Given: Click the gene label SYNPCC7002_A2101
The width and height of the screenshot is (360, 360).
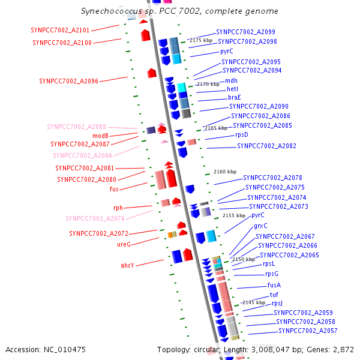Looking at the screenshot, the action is (60, 30).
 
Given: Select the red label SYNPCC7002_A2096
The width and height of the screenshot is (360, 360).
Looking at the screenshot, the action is (68, 81).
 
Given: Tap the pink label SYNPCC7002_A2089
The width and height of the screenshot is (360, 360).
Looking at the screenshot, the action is (76, 127).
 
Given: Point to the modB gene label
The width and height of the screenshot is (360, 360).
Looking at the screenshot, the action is (100, 136).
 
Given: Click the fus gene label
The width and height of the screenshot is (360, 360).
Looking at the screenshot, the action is (114, 189).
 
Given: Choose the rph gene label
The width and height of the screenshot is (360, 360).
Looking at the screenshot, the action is (118, 208).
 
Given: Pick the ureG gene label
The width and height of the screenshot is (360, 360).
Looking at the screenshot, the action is (124, 244).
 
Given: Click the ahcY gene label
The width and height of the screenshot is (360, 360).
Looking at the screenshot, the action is (127, 265).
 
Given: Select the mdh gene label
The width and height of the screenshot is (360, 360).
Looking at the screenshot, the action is (231, 80).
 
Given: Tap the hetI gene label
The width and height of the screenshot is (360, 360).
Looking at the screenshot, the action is (232, 89).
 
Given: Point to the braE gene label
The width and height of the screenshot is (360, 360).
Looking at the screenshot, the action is (235, 97).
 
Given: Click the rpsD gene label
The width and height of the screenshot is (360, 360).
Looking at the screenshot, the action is (242, 135).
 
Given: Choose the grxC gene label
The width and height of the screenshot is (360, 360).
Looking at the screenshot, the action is (260, 226).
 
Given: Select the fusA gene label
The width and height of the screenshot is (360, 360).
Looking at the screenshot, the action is (274, 285).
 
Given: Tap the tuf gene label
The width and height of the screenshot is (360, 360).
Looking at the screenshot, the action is (274, 295).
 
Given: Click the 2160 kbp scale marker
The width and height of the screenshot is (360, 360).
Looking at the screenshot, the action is (225, 172).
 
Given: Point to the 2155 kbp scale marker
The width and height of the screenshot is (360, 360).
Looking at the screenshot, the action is (234, 215).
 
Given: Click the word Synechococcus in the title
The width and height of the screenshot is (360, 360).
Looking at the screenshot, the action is (112, 11).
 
